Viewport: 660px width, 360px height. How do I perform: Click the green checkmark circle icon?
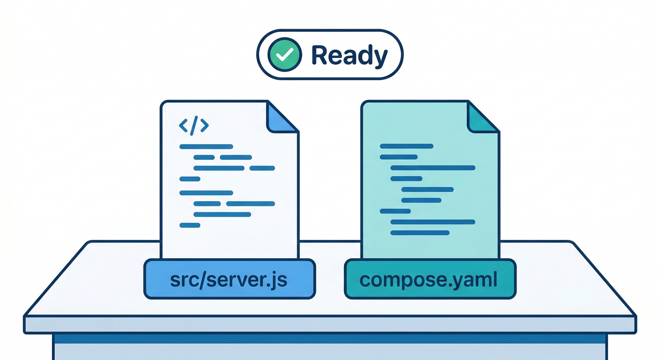(x=284, y=55)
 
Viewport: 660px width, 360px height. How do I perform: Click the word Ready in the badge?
(x=349, y=55)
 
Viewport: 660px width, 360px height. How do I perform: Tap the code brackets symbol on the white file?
(x=194, y=126)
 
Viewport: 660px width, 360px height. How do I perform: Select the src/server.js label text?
(x=229, y=279)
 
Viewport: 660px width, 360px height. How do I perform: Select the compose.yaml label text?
(x=429, y=279)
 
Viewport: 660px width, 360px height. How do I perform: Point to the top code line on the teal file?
(x=406, y=146)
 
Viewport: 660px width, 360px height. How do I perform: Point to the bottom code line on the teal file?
(x=420, y=232)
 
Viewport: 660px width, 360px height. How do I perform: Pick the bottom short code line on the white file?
(x=190, y=225)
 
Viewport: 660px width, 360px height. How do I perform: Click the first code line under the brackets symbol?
(x=206, y=147)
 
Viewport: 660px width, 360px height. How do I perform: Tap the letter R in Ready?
(x=320, y=55)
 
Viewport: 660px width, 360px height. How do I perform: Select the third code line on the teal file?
(x=433, y=168)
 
